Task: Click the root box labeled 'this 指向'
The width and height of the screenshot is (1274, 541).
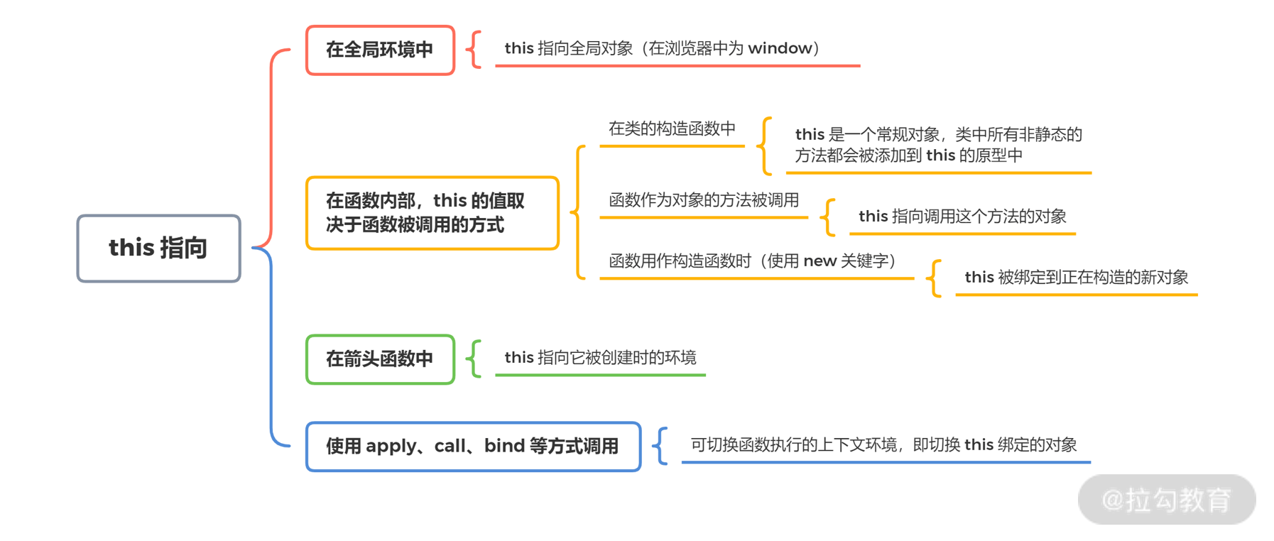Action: [x=158, y=248]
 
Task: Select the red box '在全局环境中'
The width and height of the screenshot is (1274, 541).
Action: [x=380, y=50]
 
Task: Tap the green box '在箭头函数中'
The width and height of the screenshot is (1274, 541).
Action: [x=380, y=359]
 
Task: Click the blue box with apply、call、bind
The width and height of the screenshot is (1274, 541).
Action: [x=473, y=447]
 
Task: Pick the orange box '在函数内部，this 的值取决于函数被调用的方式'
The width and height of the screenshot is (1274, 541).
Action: [x=432, y=213]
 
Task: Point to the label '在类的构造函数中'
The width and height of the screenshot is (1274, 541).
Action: [x=672, y=129]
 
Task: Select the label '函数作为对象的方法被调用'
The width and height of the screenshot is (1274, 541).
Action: [x=704, y=200]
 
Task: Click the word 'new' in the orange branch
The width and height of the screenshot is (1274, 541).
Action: [x=820, y=261]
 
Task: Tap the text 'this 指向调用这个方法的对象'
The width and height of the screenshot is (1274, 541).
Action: [x=962, y=217]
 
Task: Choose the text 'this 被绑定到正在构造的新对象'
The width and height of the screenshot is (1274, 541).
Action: [x=1076, y=278]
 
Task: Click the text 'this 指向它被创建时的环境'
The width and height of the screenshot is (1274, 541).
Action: [x=600, y=358]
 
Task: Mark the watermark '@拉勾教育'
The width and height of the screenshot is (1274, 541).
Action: [x=1166, y=500]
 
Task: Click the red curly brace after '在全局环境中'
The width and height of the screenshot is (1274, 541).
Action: [x=474, y=50]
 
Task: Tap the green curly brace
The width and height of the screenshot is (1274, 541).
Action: [x=474, y=359]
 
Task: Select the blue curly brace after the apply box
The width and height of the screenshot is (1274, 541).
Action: [x=660, y=446]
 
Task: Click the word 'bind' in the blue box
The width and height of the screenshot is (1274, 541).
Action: [x=504, y=446]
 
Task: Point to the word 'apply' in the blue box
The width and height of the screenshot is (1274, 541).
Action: [x=391, y=447]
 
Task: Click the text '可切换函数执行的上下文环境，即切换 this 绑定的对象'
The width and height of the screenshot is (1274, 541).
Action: [x=883, y=445]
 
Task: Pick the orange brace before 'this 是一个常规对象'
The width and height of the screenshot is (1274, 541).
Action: [x=765, y=146]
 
